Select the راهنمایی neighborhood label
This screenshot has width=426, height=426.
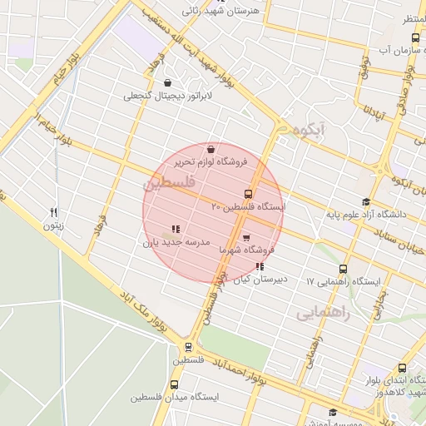[325, 314]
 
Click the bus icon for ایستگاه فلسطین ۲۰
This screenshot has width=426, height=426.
[247, 194]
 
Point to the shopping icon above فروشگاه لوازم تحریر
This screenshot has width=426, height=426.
[210, 149]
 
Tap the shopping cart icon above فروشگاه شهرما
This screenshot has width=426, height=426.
[246, 238]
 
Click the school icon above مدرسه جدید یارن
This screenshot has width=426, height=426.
[176, 229]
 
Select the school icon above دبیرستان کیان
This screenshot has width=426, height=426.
[260, 267]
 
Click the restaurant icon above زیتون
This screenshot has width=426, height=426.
[54, 212]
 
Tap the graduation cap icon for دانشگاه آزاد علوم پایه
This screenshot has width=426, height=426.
[366, 202]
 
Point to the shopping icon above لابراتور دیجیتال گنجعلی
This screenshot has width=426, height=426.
[169, 83]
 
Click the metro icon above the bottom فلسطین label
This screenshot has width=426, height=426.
[188, 347]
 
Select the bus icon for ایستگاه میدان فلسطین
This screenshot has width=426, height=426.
[175, 384]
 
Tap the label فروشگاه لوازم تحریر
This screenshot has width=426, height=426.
[190, 161]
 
